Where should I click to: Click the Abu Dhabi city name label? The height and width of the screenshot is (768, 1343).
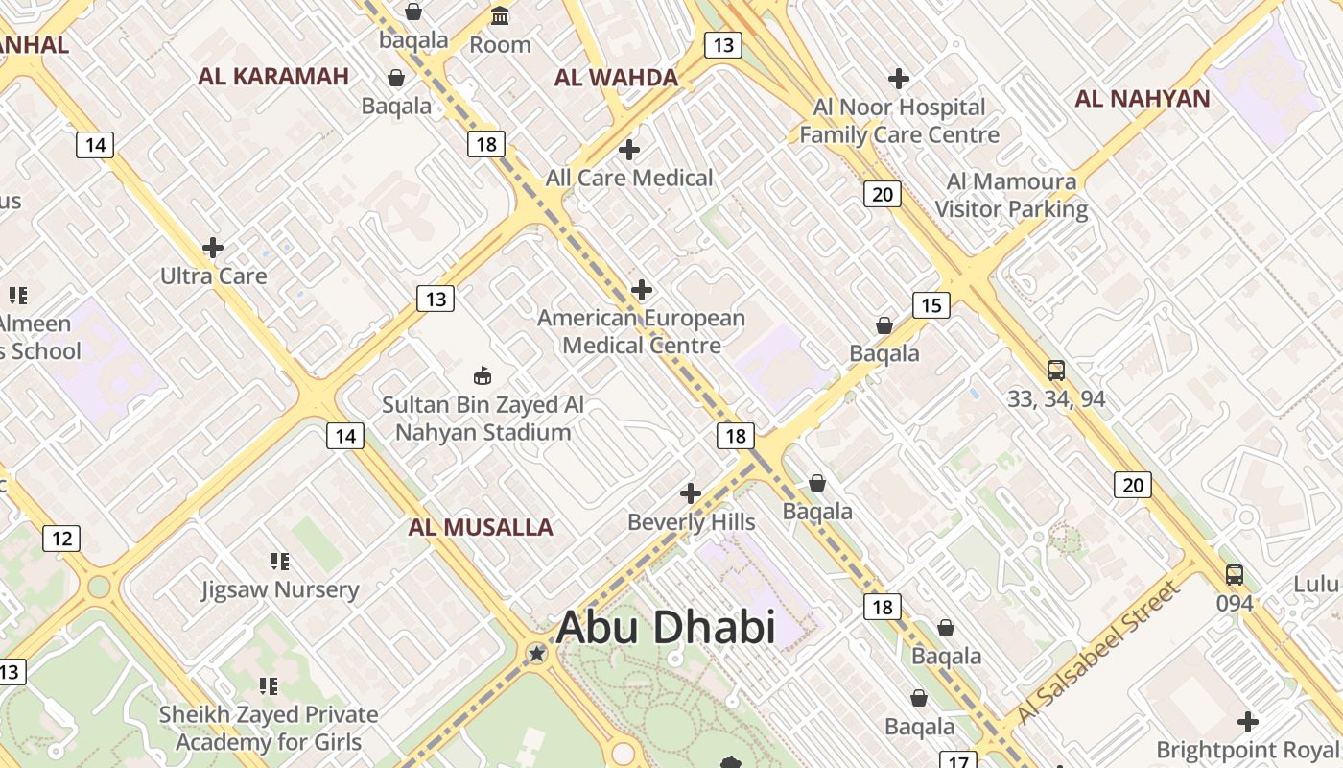(x=665, y=628)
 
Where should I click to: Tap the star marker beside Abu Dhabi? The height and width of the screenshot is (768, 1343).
(x=537, y=654)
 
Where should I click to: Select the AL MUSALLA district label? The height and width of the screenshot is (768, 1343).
(x=481, y=527)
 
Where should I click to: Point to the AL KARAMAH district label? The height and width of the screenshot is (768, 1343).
(x=273, y=77)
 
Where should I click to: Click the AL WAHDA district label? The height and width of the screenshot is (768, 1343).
(x=616, y=78)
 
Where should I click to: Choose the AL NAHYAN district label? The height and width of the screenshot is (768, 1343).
(x=1142, y=98)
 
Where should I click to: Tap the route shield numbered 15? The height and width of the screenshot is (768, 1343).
(x=931, y=305)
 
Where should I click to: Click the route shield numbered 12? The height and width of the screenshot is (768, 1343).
(x=61, y=539)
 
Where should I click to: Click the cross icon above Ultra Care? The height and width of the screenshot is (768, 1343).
(x=213, y=248)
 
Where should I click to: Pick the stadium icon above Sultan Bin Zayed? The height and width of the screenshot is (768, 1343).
(x=483, y=375)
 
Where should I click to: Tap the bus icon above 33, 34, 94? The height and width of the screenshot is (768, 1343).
(x=1055, y=371)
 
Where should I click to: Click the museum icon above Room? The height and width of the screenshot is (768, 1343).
(x=500, y=16)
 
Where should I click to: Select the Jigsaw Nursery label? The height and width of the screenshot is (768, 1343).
(x=280, y=589)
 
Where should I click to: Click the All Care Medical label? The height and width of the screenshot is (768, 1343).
(x=629, y=178)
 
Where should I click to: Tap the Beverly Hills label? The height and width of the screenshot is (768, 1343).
(x=691, y=522)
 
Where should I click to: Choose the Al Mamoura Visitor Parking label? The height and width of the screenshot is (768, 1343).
(x=1011, y=195)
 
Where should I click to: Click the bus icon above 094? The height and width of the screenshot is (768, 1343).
(x=1235, y=575)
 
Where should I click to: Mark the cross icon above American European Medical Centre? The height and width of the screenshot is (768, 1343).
(x=642, y=290)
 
